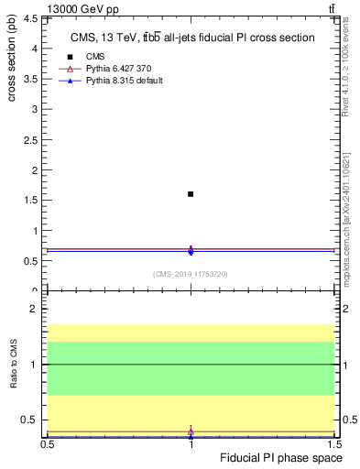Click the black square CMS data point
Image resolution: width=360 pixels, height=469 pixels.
[191, 194]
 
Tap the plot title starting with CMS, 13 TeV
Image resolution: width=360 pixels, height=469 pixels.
[193, 38]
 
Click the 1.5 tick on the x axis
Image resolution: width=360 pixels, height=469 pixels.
[334, 445]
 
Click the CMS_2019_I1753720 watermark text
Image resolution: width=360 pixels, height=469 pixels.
[191, 274]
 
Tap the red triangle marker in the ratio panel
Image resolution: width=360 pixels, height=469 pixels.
[191, 431]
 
